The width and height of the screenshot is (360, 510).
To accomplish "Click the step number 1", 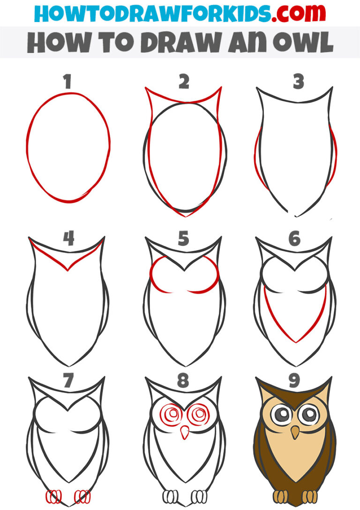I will (68, 82).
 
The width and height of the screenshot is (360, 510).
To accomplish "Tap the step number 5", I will (183, 239).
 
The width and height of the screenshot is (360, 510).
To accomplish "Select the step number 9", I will (294, 381).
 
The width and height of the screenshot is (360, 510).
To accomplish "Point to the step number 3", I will (298, 82).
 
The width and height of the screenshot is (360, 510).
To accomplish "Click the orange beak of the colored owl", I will (294, 432).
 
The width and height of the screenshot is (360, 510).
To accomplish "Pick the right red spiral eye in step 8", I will (200, 414).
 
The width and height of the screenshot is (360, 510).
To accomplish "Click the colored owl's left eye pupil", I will (280, 414).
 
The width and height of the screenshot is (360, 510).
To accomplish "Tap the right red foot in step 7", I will (83, 496).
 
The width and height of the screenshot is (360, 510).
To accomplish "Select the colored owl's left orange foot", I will (280, 496).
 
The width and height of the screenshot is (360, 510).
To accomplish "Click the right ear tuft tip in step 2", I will (220, 89).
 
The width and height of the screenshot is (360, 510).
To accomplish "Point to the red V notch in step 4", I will (68, 270).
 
